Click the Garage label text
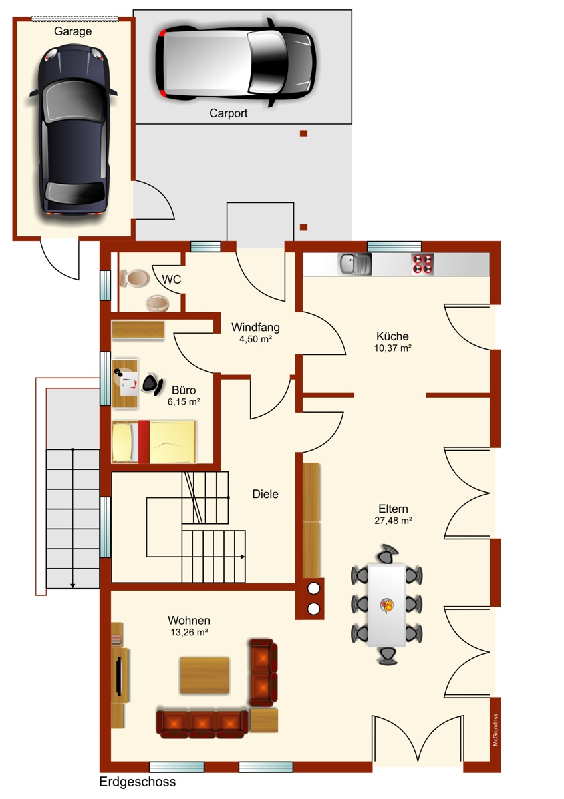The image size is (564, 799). [x=73, y=31]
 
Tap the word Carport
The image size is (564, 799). [x=228, y=113]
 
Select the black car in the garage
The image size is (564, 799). [x=73, y=131]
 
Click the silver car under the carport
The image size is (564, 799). [x=235, y=63]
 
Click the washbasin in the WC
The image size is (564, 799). [x=158, y=303]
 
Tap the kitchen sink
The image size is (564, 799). [x=354, y=264]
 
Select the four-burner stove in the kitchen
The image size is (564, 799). [x=422, y=264]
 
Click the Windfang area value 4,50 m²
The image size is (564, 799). [x=256, y=339]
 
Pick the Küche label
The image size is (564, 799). [x=392, y=336]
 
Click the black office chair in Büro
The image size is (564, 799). [x=152, y=384]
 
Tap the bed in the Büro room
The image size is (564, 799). [x=154, y=442]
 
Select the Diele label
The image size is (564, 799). [x=265, y=494]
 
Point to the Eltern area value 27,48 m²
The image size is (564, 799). [x=393, y=521]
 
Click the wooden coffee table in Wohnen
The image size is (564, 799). [x=204, y=675]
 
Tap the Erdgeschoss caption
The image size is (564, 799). [x=138, y=782]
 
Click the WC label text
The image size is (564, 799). [x=172, y=279]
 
